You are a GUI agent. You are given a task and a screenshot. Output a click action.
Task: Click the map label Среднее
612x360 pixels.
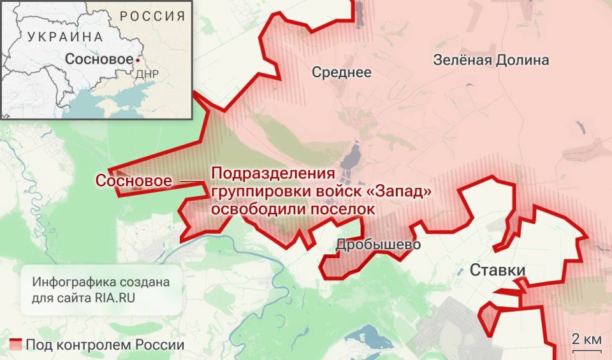(x=341, y=73)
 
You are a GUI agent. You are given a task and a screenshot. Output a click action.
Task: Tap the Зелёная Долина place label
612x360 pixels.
(x=491, y=61)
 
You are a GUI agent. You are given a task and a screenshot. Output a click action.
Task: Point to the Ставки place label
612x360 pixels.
(x=497, y=270)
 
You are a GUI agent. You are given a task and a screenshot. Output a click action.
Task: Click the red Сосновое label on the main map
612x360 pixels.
(x=133, y=181)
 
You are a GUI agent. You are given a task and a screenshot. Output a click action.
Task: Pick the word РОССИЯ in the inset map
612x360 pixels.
(x=153, y=16)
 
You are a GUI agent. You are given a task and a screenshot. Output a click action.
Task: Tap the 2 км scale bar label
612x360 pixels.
(x=586, y=338)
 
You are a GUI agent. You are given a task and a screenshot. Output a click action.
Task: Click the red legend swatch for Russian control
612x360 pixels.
(x=16, y=345)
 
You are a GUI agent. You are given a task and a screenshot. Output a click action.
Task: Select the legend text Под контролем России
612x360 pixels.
(x=105, y=345)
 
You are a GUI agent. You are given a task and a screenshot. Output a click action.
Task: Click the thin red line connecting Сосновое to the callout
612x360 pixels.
(x=190, y=182)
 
